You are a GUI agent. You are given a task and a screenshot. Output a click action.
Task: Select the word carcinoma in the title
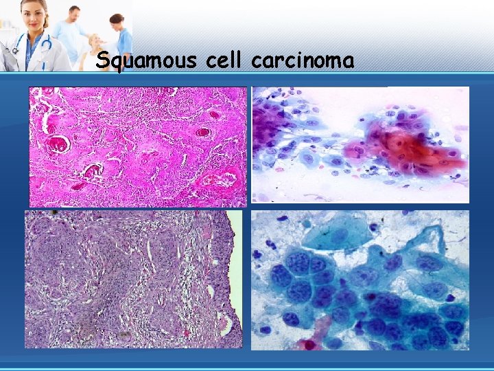point(303,61)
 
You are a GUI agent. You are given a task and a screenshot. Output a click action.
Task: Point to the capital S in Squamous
point(103,60)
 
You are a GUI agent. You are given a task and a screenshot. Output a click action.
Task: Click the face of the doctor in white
point(34,15)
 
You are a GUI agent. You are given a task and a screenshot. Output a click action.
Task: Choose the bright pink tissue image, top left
point(137,146)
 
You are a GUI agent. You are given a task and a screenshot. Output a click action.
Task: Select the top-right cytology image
point(360,144)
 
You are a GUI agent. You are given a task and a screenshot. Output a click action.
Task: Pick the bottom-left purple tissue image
point(127,278)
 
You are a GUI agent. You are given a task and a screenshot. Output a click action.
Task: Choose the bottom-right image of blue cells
point(360,280)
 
